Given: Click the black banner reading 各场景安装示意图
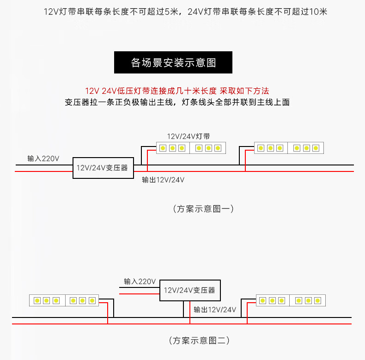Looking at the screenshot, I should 173,62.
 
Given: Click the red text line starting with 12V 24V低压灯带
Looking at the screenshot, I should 177,91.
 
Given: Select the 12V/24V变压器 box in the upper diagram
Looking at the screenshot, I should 103,168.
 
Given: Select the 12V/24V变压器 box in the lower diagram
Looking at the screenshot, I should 190,291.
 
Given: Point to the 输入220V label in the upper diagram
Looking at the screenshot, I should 43,159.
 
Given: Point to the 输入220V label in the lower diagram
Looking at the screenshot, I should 140,281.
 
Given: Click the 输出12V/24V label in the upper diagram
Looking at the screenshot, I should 163,180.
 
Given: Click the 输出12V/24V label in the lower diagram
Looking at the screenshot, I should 215,309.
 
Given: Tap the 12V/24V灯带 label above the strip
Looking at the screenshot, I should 189,136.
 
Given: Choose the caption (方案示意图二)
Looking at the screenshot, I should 199,341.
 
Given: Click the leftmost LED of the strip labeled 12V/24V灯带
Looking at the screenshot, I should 163,148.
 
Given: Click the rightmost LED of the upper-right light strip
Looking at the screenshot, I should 316,148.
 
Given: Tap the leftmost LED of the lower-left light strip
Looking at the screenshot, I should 36,300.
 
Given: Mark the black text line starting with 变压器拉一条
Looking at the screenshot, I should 177,102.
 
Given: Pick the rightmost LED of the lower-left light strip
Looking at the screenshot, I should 92,300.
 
